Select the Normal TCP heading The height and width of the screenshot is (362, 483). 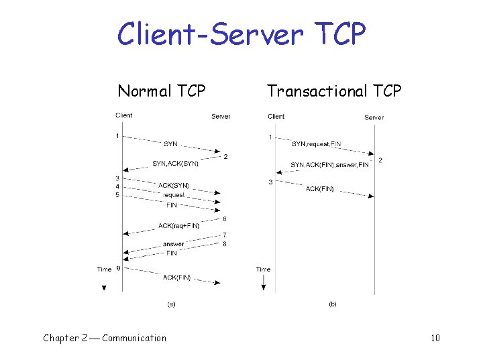[x=162, y=90]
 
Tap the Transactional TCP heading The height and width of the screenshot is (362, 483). [x=334, y=90]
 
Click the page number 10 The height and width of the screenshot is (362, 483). [x=435, y=338]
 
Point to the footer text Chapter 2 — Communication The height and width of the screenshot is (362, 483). [x=105, y=338]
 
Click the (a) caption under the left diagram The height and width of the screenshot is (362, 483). [x=171, y=304]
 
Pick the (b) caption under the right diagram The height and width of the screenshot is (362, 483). [x=332, y=304]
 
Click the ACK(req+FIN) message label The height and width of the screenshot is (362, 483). [x=179, y=226]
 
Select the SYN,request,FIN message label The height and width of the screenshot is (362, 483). [x=317, y=144]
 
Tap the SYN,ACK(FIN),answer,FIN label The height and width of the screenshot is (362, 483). [x=330, y=165]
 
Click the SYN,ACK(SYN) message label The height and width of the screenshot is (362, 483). [x=175, y=164]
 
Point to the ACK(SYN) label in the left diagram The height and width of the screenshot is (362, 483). [x=174, y=185]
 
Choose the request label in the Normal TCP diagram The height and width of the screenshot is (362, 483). [x=174, y=195]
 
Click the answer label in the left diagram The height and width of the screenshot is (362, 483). [x=173, y=244]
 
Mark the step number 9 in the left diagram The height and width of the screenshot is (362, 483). [x=118, y=269]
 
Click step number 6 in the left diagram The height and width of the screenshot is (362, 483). [x=224, y=219]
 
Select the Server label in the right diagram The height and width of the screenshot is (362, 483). [x=374, y=117]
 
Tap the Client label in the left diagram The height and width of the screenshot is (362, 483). [x=124, y=115]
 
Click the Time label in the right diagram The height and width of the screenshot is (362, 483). [x=263, y=269]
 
